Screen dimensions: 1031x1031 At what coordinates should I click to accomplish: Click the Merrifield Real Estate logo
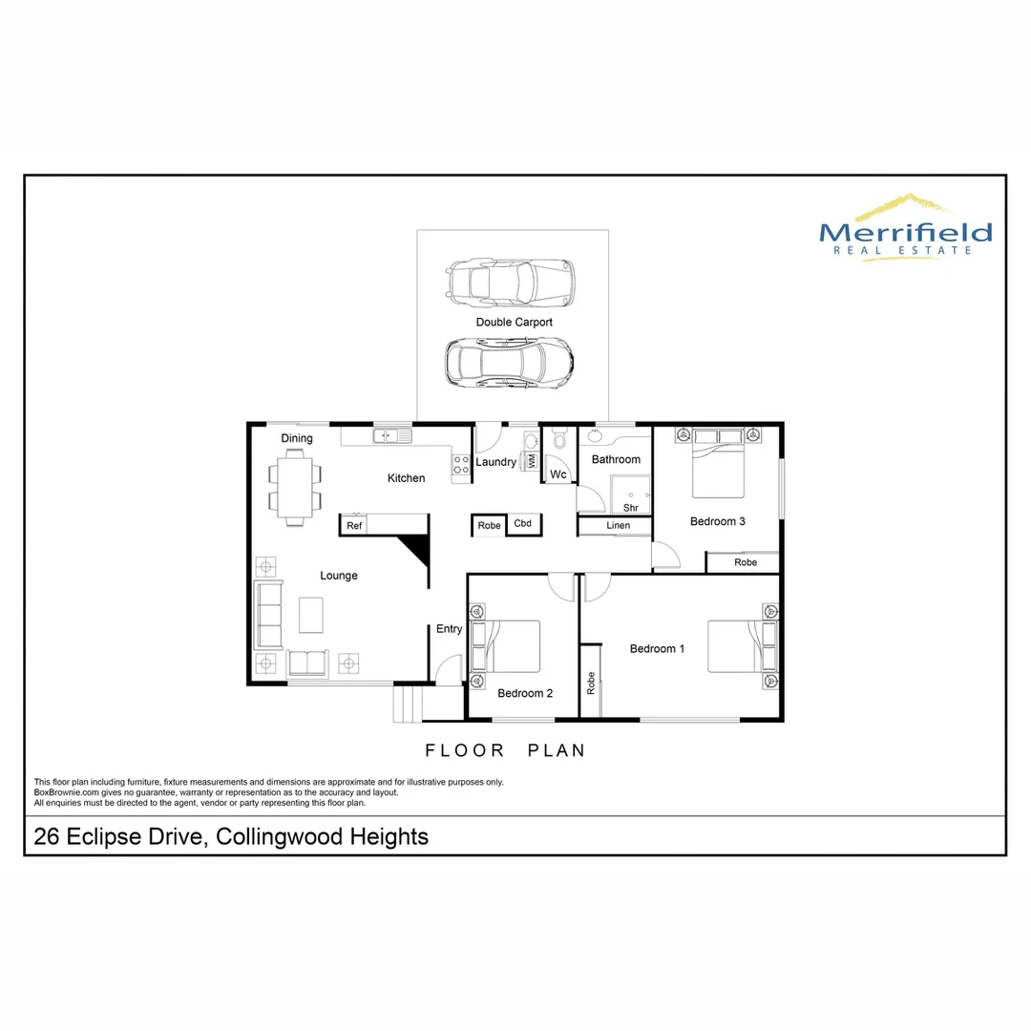[905, 228]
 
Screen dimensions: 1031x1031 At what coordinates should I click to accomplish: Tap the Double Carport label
[514, 323]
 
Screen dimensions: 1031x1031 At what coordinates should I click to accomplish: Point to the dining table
[295, 487]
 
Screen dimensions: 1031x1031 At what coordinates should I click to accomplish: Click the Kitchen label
[406, 478]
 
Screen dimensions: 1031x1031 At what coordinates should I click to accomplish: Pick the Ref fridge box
[354, 526]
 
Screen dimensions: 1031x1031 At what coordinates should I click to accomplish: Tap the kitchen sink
[390, 436]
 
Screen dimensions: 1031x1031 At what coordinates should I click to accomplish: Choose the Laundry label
[495, 462]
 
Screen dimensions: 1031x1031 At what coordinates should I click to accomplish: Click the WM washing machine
[532, 460]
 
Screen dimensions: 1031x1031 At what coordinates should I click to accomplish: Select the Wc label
[558, 474]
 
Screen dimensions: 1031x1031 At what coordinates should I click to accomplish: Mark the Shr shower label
[630, 508]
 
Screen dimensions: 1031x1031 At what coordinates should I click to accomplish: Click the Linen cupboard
[617, 526]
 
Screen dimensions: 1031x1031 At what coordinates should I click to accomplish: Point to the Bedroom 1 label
[657, 649]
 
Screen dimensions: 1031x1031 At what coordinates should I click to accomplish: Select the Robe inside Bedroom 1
[592, 682]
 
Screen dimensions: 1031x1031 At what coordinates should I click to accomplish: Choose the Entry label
[449, 629]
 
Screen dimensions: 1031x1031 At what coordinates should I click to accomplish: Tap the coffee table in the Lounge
[311, 614]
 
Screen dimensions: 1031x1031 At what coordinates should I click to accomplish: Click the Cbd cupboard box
[523, 524]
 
